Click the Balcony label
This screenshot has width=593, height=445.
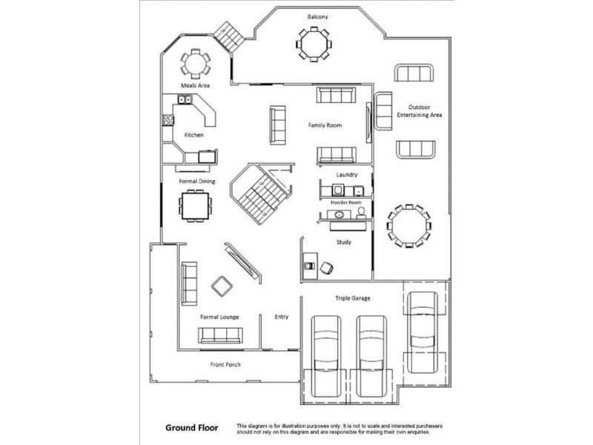(317, 16)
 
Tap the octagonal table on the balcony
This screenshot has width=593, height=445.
(314, 44)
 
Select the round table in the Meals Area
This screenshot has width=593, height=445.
(195, 64)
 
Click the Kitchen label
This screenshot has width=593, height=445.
(193, 135)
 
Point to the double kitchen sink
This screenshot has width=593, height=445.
(185, 99)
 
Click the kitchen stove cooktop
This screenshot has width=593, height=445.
(168, 120)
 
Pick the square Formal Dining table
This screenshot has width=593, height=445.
(195, 206)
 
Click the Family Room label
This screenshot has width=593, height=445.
(325, 125)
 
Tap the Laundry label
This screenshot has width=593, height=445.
(347, 174)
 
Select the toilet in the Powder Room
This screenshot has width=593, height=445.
(361, 213)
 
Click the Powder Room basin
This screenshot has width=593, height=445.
(339, 214)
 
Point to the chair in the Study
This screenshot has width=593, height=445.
(326, 268)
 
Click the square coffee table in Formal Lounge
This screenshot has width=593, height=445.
(222, 286)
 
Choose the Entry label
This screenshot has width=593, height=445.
(282, 317)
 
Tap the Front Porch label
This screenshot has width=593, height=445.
(225, 364)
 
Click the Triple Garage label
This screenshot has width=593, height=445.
(353, 298)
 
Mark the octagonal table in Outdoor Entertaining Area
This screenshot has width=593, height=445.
(409, 226)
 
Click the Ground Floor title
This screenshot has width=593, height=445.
(192, 428)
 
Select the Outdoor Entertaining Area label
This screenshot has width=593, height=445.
(419, 111)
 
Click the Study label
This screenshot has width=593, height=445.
(344, 243)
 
